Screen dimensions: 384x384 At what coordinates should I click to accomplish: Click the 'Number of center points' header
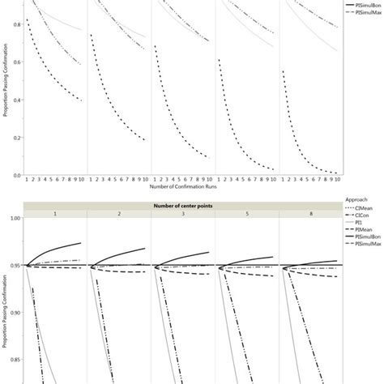tap(185, 205)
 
